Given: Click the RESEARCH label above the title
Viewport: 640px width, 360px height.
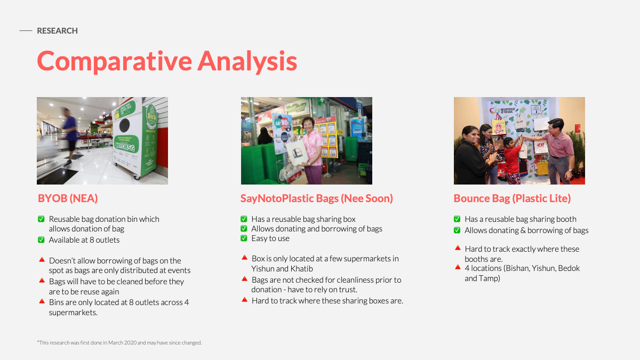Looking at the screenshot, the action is [x=57, y=30].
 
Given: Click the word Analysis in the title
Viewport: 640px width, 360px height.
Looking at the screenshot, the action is [x=247, y=61].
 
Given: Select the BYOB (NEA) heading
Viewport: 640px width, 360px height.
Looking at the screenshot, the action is [x=68, y=198].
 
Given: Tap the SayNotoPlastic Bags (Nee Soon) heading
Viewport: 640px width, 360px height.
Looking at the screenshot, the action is [x=317, y=198].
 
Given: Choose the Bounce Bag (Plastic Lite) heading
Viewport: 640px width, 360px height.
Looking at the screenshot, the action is [x=512, y=198].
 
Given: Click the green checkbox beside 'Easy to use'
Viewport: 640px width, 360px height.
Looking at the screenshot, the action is [x=244, y=238].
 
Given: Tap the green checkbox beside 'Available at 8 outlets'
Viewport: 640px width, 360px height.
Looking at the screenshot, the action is [x=41, y=239].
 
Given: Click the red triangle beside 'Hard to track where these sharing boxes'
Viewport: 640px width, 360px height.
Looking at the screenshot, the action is [x=244, y=299].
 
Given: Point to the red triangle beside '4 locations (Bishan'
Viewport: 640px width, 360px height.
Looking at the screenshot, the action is [x=458, y=267].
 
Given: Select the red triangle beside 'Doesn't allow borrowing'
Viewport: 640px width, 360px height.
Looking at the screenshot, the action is [x=42, y=259].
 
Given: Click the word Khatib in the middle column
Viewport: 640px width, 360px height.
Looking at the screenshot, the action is [x=301, y=269].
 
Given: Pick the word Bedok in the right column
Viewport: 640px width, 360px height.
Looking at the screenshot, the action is [x=569, y=268].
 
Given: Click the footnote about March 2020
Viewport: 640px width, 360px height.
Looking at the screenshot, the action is [x=119, y=342].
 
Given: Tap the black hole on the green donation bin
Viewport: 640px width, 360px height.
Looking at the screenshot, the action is [x=125, y=125].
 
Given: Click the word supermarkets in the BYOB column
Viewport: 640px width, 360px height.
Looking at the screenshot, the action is [x=73, y=313].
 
